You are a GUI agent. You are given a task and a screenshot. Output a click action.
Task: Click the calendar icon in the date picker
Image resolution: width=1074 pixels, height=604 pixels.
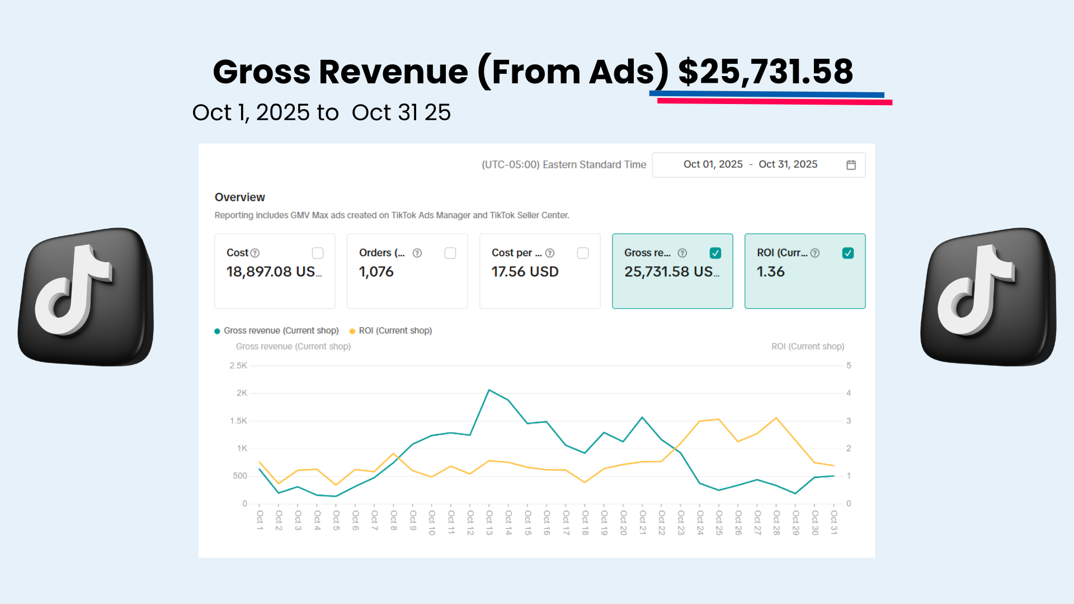851,165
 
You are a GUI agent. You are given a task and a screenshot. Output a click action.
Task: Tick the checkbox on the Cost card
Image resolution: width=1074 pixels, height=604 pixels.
318,253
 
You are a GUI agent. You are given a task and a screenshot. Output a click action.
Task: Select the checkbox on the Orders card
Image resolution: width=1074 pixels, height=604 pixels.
450,253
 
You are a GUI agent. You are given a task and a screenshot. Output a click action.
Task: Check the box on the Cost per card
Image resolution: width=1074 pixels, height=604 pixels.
583,253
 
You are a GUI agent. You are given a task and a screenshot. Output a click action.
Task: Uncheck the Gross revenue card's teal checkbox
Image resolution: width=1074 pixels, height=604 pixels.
715,253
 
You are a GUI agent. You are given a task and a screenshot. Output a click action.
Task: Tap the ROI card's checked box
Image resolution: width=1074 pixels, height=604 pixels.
848,253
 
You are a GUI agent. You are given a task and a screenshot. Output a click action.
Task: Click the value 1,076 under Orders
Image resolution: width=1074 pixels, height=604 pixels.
376,272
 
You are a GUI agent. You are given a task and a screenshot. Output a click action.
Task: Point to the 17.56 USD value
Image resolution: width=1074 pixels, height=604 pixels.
525,272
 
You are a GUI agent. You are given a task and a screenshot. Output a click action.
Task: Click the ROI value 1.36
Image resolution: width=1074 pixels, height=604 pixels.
771,272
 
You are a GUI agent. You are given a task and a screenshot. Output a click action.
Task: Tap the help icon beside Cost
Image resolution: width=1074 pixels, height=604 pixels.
255,253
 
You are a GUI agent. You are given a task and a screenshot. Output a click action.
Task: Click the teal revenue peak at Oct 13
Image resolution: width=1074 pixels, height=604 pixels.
489,390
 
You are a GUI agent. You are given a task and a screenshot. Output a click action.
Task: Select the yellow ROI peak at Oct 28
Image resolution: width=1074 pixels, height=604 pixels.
776,418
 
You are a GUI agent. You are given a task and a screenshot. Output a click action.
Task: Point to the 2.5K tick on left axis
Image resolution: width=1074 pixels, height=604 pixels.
238,366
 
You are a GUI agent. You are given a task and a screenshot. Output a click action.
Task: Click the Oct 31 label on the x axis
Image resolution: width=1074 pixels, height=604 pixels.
833,522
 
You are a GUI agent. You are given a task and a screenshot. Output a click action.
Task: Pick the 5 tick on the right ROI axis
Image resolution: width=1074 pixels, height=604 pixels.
849,366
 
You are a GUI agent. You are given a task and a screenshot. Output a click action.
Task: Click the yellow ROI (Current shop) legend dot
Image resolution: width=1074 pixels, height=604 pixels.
352,331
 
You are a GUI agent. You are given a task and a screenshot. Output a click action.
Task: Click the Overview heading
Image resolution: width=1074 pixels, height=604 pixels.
240,197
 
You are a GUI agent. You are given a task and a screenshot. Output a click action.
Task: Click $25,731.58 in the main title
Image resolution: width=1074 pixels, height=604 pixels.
765,72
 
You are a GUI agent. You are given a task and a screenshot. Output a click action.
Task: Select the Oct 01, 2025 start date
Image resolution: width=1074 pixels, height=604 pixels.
713,164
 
